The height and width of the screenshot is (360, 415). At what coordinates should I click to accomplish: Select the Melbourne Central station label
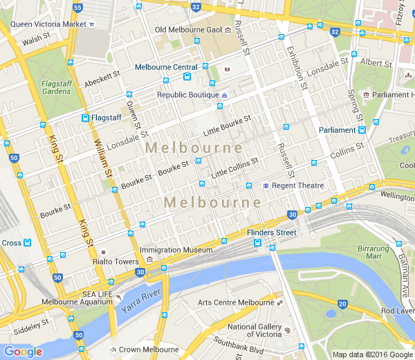(166, 67)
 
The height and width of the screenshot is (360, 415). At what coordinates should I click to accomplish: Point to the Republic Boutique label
(187, 95)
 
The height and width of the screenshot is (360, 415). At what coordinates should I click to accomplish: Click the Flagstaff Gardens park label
(56, 87)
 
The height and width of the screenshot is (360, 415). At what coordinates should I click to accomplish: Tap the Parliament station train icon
(362, 130)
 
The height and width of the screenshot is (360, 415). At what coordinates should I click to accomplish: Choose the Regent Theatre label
(298, 186)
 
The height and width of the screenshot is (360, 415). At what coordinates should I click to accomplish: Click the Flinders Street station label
(271, 233)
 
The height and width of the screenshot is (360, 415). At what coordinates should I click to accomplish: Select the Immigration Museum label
(176, 250)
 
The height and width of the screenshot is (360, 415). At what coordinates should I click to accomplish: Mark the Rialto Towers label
(116, 262)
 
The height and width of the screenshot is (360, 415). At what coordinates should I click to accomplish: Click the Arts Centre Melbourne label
(236, 303)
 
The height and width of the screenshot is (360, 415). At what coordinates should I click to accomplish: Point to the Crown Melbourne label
(149, 350)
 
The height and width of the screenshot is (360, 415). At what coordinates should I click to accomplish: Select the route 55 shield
(77, 8)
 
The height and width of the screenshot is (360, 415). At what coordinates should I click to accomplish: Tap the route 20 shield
(342, 304)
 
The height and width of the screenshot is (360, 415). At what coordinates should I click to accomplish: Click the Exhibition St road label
(297, 70)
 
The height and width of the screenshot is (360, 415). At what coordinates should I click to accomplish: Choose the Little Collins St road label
(234, 168)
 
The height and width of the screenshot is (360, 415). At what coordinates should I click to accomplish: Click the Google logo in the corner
(23, 352)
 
